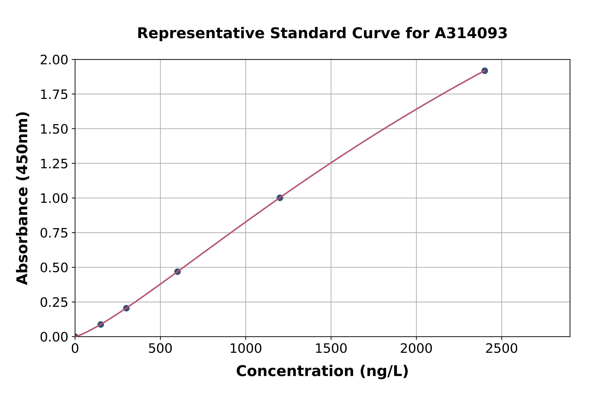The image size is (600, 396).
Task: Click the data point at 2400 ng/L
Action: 484,71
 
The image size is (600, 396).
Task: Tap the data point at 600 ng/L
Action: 177,272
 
